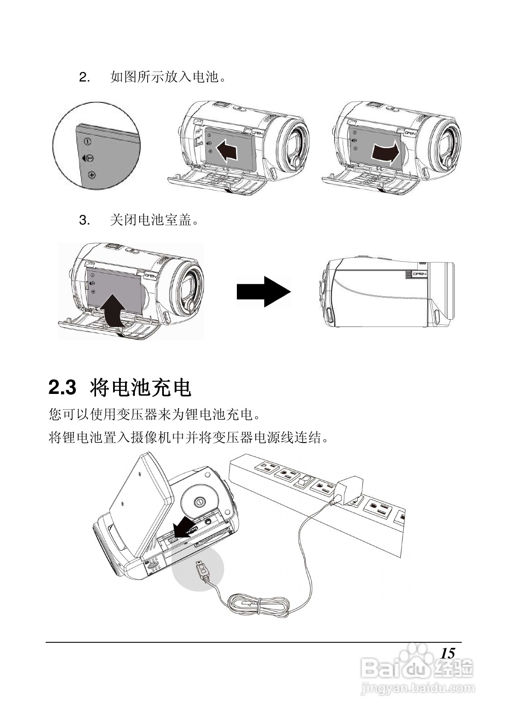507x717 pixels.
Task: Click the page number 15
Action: pos(448,653)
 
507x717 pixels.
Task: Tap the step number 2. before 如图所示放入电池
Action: pos(84,78)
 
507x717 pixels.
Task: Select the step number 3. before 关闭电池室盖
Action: pos(84,221)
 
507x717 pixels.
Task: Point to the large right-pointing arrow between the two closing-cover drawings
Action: pos(263,291)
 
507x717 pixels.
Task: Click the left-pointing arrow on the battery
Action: pos(227,151)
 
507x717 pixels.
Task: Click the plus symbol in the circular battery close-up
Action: pos(92,175)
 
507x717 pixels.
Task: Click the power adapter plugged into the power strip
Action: pos(349,490)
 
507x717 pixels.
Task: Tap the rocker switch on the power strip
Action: pos(302,482)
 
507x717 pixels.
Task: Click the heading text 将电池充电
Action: pos(141,388)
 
